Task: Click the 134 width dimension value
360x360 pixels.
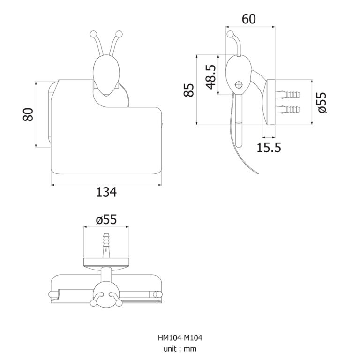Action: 106,192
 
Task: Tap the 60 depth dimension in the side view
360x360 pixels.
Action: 248,19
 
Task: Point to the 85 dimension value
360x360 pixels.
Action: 188,90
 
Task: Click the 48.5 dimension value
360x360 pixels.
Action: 211,77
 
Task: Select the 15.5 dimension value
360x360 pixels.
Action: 269,148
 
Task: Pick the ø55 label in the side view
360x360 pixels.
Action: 322,102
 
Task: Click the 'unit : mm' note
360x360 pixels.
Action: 180,349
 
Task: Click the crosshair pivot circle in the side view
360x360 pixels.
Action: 239,85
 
